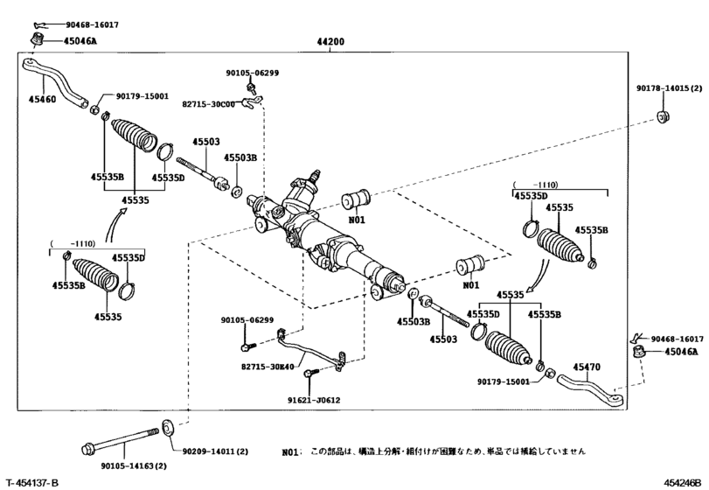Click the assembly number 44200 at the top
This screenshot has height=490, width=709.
330,42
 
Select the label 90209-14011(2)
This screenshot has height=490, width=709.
214,451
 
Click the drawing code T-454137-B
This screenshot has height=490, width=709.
32,483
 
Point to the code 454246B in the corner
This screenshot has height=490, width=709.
682,483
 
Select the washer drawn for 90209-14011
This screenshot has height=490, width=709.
169,429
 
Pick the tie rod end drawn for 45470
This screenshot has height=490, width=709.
590,386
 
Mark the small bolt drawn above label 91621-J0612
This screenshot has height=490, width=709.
309,377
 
